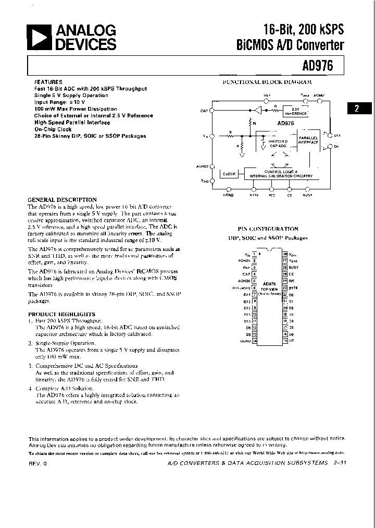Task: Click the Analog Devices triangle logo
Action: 39,39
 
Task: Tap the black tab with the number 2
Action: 356,109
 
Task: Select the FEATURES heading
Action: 48,82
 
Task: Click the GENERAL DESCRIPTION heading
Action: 62,200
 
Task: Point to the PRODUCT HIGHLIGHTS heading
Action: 61,314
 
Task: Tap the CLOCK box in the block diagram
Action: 229,174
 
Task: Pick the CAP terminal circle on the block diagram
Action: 211,111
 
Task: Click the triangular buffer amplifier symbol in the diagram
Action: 257,110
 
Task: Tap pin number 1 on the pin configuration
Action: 254,254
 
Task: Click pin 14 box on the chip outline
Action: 254,342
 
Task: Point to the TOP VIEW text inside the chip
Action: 269,289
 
